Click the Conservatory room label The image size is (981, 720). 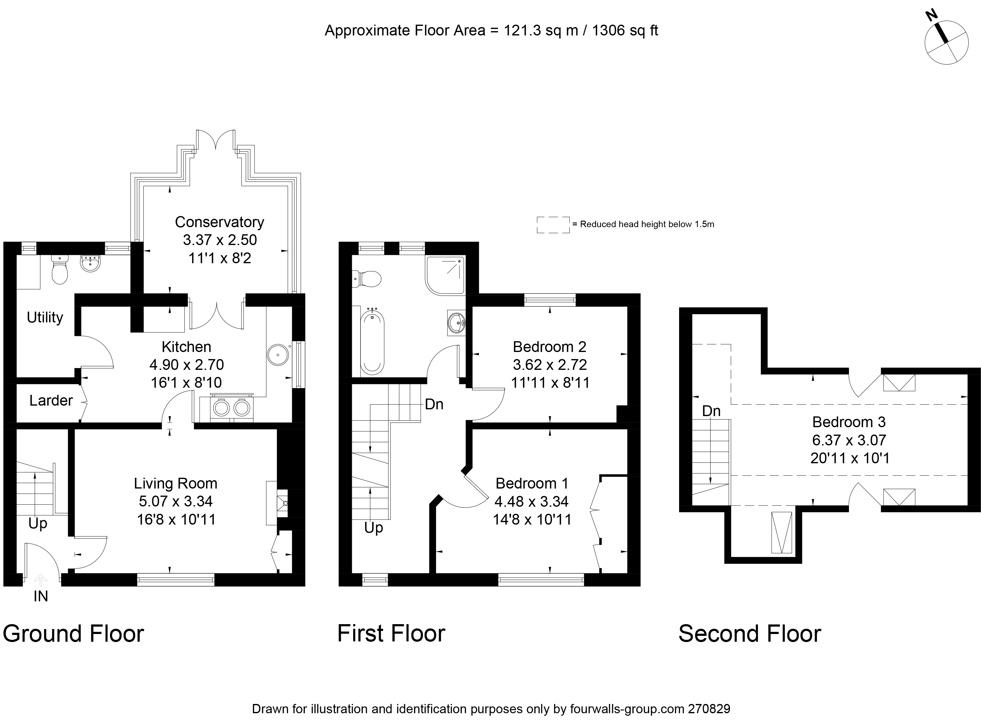point(219,222)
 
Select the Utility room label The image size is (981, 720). point(45,317)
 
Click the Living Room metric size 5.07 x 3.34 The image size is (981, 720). point(176,501)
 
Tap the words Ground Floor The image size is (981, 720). point(73,634)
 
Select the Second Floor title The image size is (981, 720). point(749,634)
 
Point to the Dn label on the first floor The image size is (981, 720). point(434,404)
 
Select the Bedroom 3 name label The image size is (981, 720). point(849,422)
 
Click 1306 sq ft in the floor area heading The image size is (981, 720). point(625,31)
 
